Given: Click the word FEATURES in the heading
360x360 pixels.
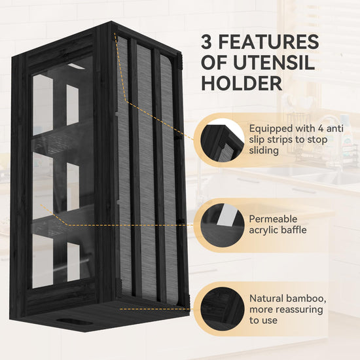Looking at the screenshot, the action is coord(268,41).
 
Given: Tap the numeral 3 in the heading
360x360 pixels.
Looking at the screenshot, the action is coord(206,41).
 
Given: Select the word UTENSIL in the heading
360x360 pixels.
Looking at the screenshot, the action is coord(274,62).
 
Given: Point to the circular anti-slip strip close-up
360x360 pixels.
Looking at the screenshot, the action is coord(223,140).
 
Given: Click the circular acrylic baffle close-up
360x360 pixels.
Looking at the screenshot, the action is coord(223,225).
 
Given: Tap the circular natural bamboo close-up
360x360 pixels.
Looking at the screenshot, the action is coord(223,309).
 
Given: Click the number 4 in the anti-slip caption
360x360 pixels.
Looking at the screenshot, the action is coord(321,128).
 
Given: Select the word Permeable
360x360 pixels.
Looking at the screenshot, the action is coord(273,219).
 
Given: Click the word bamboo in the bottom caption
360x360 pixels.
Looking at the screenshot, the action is coord(306,298).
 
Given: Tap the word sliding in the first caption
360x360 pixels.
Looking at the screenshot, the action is coord(264,151).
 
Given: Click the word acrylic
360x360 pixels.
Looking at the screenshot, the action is coord(262,230).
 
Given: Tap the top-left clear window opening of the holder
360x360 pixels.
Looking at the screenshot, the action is coord(43,105).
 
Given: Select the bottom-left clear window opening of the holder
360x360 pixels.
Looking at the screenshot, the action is coord(43,261).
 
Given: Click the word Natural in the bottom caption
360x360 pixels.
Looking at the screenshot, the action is coord(266,298).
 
